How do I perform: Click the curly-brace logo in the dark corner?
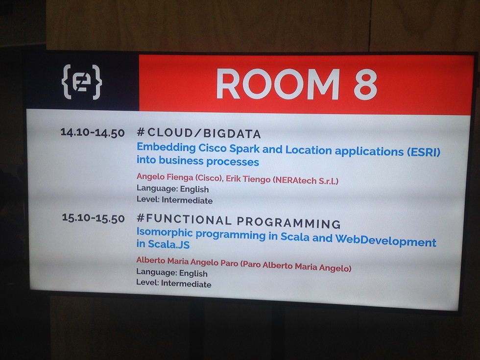82,82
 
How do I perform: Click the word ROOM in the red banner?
278,84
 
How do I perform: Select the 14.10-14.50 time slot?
93,133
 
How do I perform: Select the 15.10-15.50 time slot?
94,218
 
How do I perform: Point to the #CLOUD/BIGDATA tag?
199,133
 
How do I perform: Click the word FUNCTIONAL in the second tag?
189,219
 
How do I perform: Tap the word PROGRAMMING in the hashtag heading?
288,222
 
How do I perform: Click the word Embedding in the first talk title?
166,148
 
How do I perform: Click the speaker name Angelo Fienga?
165,177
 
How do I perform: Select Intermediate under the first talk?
187,200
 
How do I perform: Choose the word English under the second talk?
193,273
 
